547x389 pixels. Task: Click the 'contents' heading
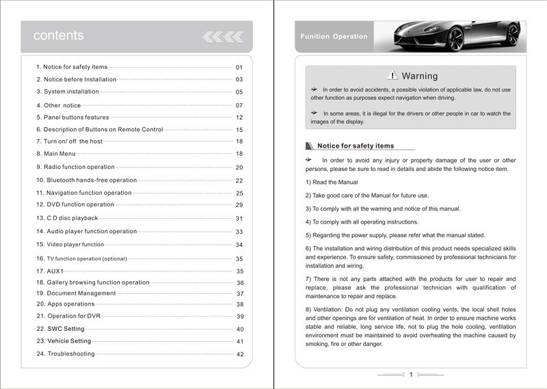(59, 36)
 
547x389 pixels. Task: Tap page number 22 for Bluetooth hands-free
(239, 180)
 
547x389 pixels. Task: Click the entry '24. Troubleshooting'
(66, 353)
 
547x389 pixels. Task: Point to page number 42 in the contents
(240, 354)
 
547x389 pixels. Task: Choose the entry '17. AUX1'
(50, 271)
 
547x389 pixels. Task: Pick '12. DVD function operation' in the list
(75, 204)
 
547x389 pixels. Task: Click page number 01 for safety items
(239, 68)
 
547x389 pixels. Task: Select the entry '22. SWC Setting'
(60, 329)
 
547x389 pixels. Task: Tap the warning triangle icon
(392, 76)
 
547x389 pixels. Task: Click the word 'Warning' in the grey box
(420, 76)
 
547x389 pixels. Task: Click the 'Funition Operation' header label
(334, 37)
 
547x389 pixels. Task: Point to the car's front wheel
(455, 39)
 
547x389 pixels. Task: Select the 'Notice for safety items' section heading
(356, 146)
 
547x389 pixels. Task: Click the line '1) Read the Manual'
(332, 183)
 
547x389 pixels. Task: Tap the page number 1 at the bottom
(411, 375)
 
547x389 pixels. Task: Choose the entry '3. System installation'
(67, 92)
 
